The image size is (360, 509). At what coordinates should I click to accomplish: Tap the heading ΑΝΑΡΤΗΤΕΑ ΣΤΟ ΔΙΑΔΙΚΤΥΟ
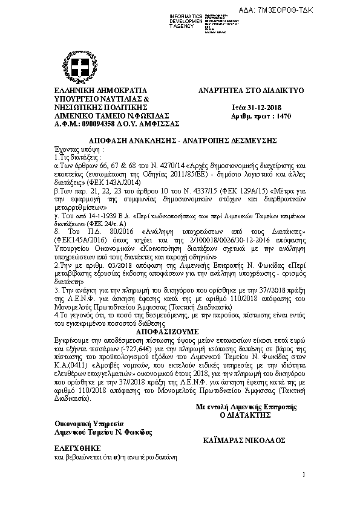(251, 91)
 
